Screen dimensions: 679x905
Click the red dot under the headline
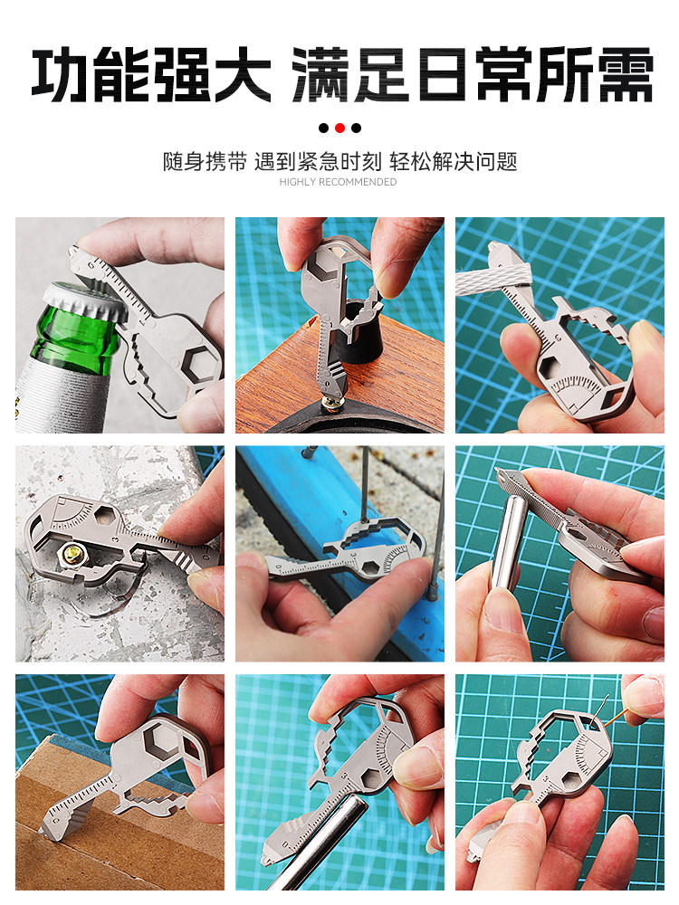[340, 129]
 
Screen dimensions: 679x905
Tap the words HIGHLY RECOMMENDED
[338, 182]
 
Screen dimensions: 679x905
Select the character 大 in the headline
[240, 75]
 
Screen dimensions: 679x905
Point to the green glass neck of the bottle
[74, 340]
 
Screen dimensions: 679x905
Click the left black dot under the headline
[324, 129]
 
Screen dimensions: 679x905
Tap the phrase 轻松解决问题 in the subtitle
[454, 162]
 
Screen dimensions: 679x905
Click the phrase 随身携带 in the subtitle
[205, 162]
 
